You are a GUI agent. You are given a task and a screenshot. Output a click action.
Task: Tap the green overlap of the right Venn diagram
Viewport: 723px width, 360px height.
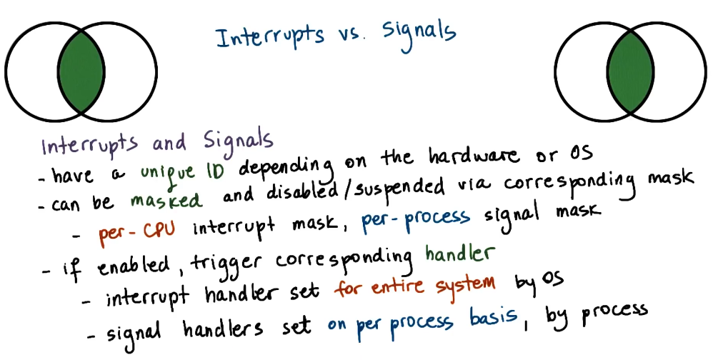632,71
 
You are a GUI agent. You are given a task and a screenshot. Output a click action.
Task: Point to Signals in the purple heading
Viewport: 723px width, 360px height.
236,140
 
